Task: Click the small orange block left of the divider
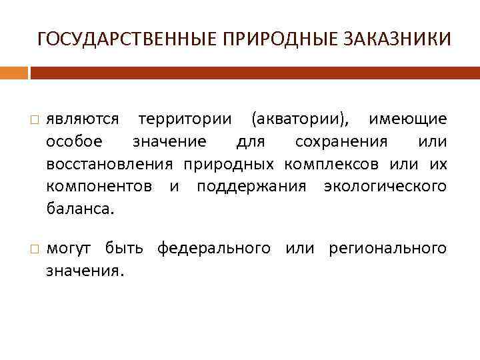[14, 73]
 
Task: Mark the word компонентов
[99, 187]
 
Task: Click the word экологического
[385, 187]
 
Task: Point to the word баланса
[79, 209]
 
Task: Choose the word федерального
[214, 249]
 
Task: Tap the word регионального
[387, 249]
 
